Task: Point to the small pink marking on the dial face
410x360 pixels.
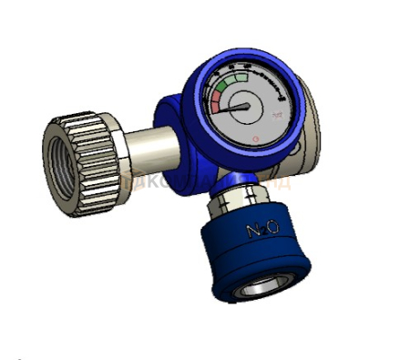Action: click(276, 114)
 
